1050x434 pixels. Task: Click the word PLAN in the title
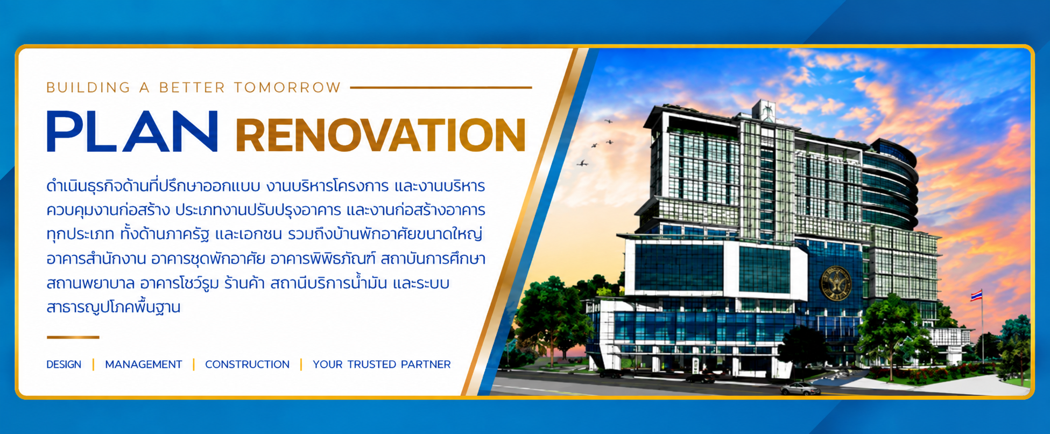pyautogui.click(x=132, y=131)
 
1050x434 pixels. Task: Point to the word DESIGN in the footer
pyautogui.click(x=64, y=365)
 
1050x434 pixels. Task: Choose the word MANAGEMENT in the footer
pyautogui.click(x=144, y=365)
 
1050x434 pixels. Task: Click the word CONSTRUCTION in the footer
pyautogui.click(x=247, y=365)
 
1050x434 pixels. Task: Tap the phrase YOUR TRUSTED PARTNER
pyautogui.click(x=382, y=365)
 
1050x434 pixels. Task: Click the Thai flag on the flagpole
pyautogui.click(x=976, y=295)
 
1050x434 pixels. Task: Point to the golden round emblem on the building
pyautogui.click(x=835, y=283)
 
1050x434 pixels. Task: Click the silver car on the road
pyautogui.click(x=800, y=388)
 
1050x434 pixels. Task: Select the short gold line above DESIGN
pyautogui.click(x=73, y=337)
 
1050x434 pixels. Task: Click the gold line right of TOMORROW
pyautogui.click(x=441, y=87)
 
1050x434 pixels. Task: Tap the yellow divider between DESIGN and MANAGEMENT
pyautogui.click(x=94, y=365)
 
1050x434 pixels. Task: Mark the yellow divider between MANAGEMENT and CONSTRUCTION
pyautogui.click(x=194, y=365)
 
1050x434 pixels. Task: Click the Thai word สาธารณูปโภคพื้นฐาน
pyautogui.click(x=114, y=307)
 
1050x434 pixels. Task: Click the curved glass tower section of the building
pyautogui.click(x=891, y=183)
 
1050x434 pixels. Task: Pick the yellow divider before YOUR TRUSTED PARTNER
pyautogui.click(x=301, y=365)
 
